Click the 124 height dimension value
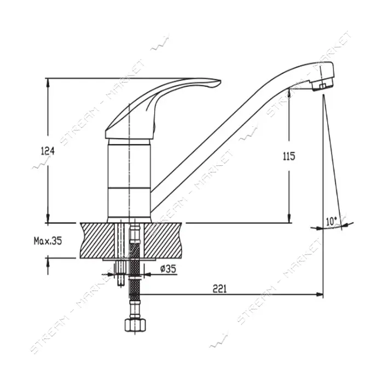coord(48,151)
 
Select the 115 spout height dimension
coord(289,156)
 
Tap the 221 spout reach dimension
coord(219,289)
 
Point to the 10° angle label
coord(331,221)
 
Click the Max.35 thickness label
coord(48,241)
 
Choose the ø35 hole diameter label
coord(168,269)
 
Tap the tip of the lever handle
coord(220,81)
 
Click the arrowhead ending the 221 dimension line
coord(320,294)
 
